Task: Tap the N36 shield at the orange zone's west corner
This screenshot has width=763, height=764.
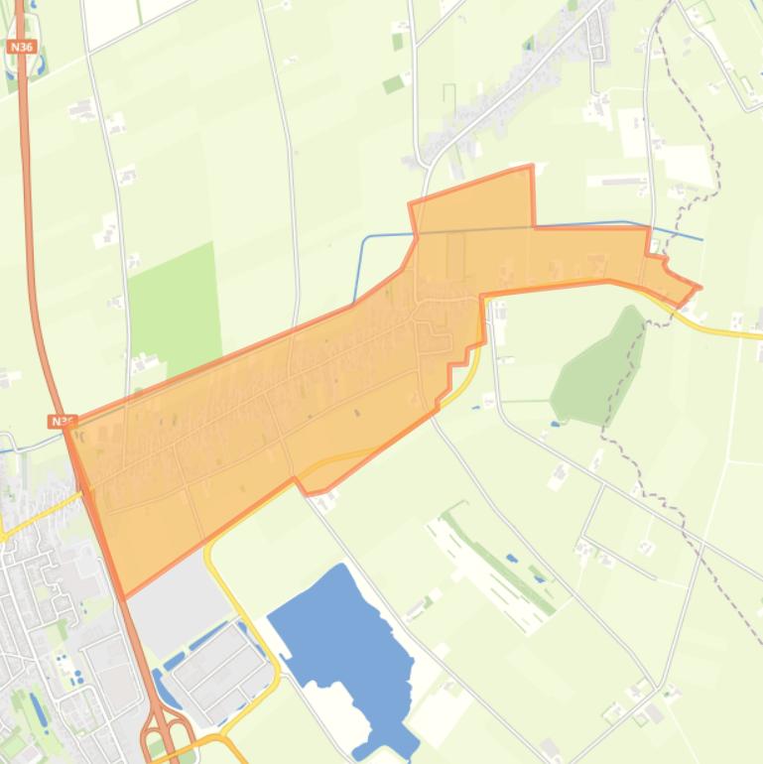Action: pyautogui.click(x=61, y=422)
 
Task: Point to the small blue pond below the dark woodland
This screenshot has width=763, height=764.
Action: pyautogui.click(x=554, y=425)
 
